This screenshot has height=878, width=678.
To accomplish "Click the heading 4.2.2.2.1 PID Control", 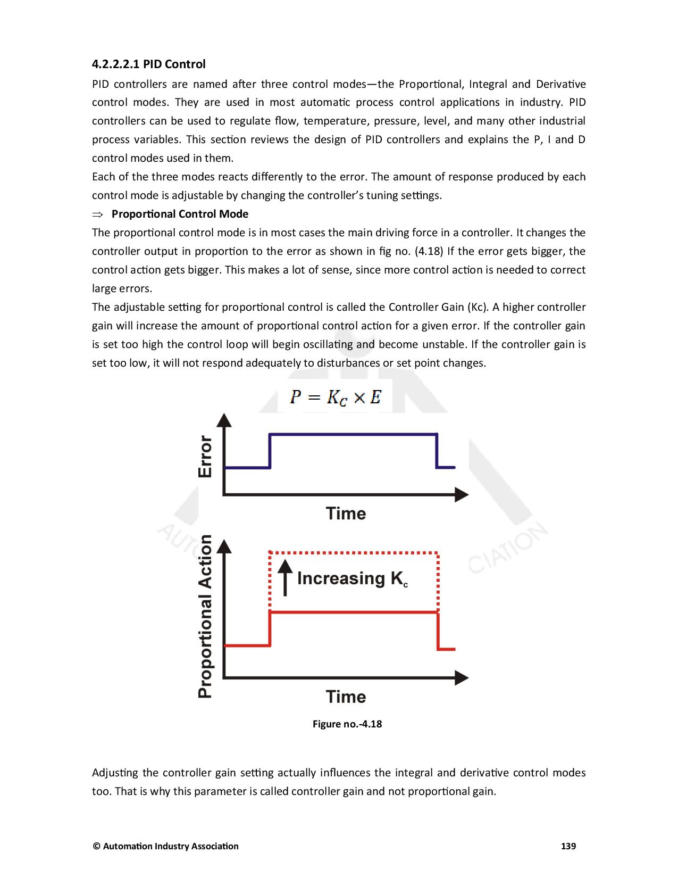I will click(148, 64).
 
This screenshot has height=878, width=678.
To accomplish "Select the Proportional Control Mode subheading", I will click(180, 214).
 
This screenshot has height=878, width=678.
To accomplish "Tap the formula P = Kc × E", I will click(335, 397).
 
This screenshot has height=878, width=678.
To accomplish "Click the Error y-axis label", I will click(205, 456).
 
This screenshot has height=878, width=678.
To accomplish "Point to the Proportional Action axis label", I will click(205, 616).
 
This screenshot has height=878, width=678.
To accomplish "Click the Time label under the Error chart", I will click(346, 513).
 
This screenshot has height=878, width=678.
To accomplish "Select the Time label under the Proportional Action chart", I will click(346, 697).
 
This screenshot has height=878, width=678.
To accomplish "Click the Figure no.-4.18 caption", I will click(347, 724).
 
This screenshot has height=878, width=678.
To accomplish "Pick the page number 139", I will click(568, 846).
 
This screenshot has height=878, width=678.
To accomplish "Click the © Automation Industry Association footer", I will click(165, 846).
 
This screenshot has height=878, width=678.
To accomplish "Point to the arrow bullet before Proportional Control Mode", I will click(97, 214).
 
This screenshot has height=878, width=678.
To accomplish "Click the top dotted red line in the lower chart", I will click(354, 553).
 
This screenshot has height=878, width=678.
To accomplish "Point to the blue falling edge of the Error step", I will click(437, 451).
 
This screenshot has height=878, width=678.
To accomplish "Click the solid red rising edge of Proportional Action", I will click(270, 629).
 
